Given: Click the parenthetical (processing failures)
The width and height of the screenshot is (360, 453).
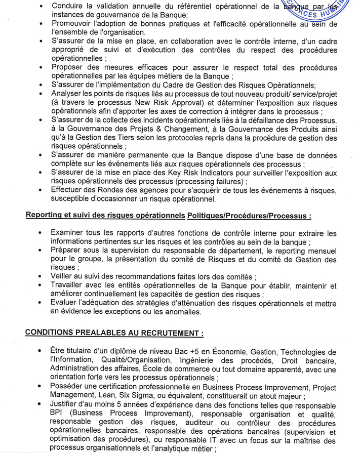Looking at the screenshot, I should point(209,182).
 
